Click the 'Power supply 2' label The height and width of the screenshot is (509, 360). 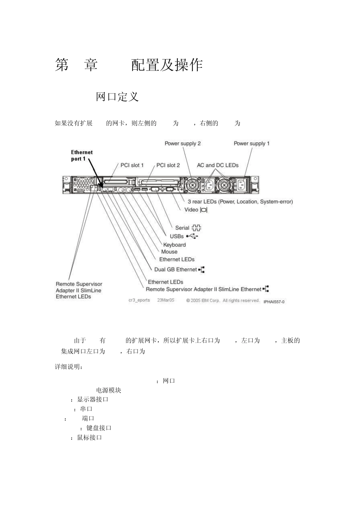(183, 144)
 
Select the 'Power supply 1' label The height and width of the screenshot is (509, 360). (252, 144)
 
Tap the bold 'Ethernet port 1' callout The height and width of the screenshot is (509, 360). (81, 156)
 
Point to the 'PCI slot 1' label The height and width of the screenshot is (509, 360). (132, 165)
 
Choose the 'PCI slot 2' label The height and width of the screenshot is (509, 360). (168, 165)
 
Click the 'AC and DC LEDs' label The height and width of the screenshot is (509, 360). (218, 165)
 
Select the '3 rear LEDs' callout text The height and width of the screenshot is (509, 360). (240, 201)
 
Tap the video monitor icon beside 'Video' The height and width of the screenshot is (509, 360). (204, 210)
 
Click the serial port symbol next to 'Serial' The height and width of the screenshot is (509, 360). (196, 228)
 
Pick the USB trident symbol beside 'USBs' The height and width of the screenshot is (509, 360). (192, 236)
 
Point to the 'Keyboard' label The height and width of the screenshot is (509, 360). (174, 245)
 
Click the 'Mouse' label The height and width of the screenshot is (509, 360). (169, 252)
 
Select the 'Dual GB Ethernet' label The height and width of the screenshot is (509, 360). (175, 270)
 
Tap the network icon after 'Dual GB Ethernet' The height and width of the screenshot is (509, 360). (202, 270)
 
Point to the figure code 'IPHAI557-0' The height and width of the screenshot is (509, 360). (274, 302)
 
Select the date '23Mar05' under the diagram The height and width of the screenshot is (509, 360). (166, 300)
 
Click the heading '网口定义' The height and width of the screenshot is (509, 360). (117, 97)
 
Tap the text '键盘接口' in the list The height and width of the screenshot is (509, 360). (99, 428)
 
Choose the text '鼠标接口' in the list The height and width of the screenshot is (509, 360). (89, 437)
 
